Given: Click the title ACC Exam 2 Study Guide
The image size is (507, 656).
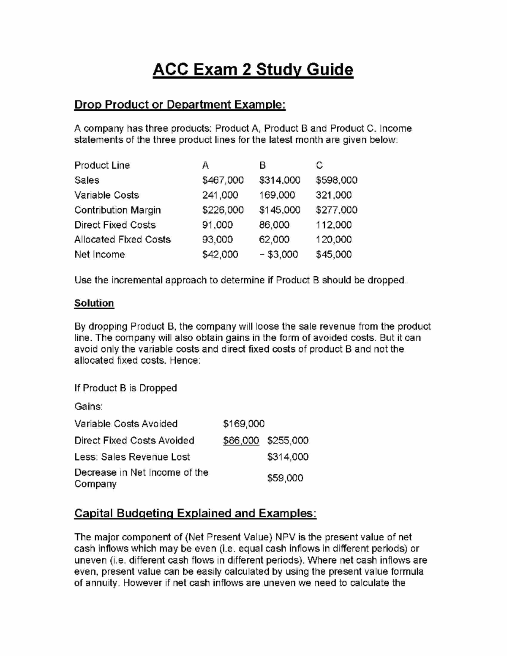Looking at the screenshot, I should (x=253, y=69).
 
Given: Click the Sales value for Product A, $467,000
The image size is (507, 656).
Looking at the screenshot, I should (x=223, y=180).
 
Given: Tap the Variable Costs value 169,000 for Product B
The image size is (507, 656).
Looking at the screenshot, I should (x=277, y=195).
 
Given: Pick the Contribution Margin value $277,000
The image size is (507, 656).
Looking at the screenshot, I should (x=336, y=210).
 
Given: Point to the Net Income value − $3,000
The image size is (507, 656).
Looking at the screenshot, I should (x=278, y=254).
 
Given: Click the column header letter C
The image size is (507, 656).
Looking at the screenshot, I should (x=319, y=166).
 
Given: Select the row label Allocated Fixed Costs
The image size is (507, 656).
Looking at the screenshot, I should (x=123, y=240).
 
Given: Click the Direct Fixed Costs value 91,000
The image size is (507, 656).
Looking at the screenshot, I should (x=217, y=225).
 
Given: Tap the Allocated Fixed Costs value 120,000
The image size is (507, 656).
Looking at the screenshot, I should (x=333, y=240).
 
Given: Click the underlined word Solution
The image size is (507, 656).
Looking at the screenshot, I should (x=94, y=303).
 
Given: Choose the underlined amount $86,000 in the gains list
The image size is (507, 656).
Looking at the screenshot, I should (x=241, y=441).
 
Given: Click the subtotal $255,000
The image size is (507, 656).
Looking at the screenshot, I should (x=288, y=441).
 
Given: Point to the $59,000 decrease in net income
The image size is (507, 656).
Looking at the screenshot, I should (x=285, y=478).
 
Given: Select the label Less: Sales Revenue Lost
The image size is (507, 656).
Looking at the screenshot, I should (x=132, y=457).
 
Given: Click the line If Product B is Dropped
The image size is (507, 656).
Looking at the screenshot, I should (x=125, y=388).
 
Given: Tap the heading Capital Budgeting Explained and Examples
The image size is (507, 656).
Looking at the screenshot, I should (x=195, y=513).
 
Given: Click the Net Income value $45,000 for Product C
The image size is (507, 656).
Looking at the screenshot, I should (x=333, y=254).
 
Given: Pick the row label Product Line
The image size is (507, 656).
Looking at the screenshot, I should (x=102, y=166).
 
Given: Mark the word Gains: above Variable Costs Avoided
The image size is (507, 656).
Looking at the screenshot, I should (x=88, y=406).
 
